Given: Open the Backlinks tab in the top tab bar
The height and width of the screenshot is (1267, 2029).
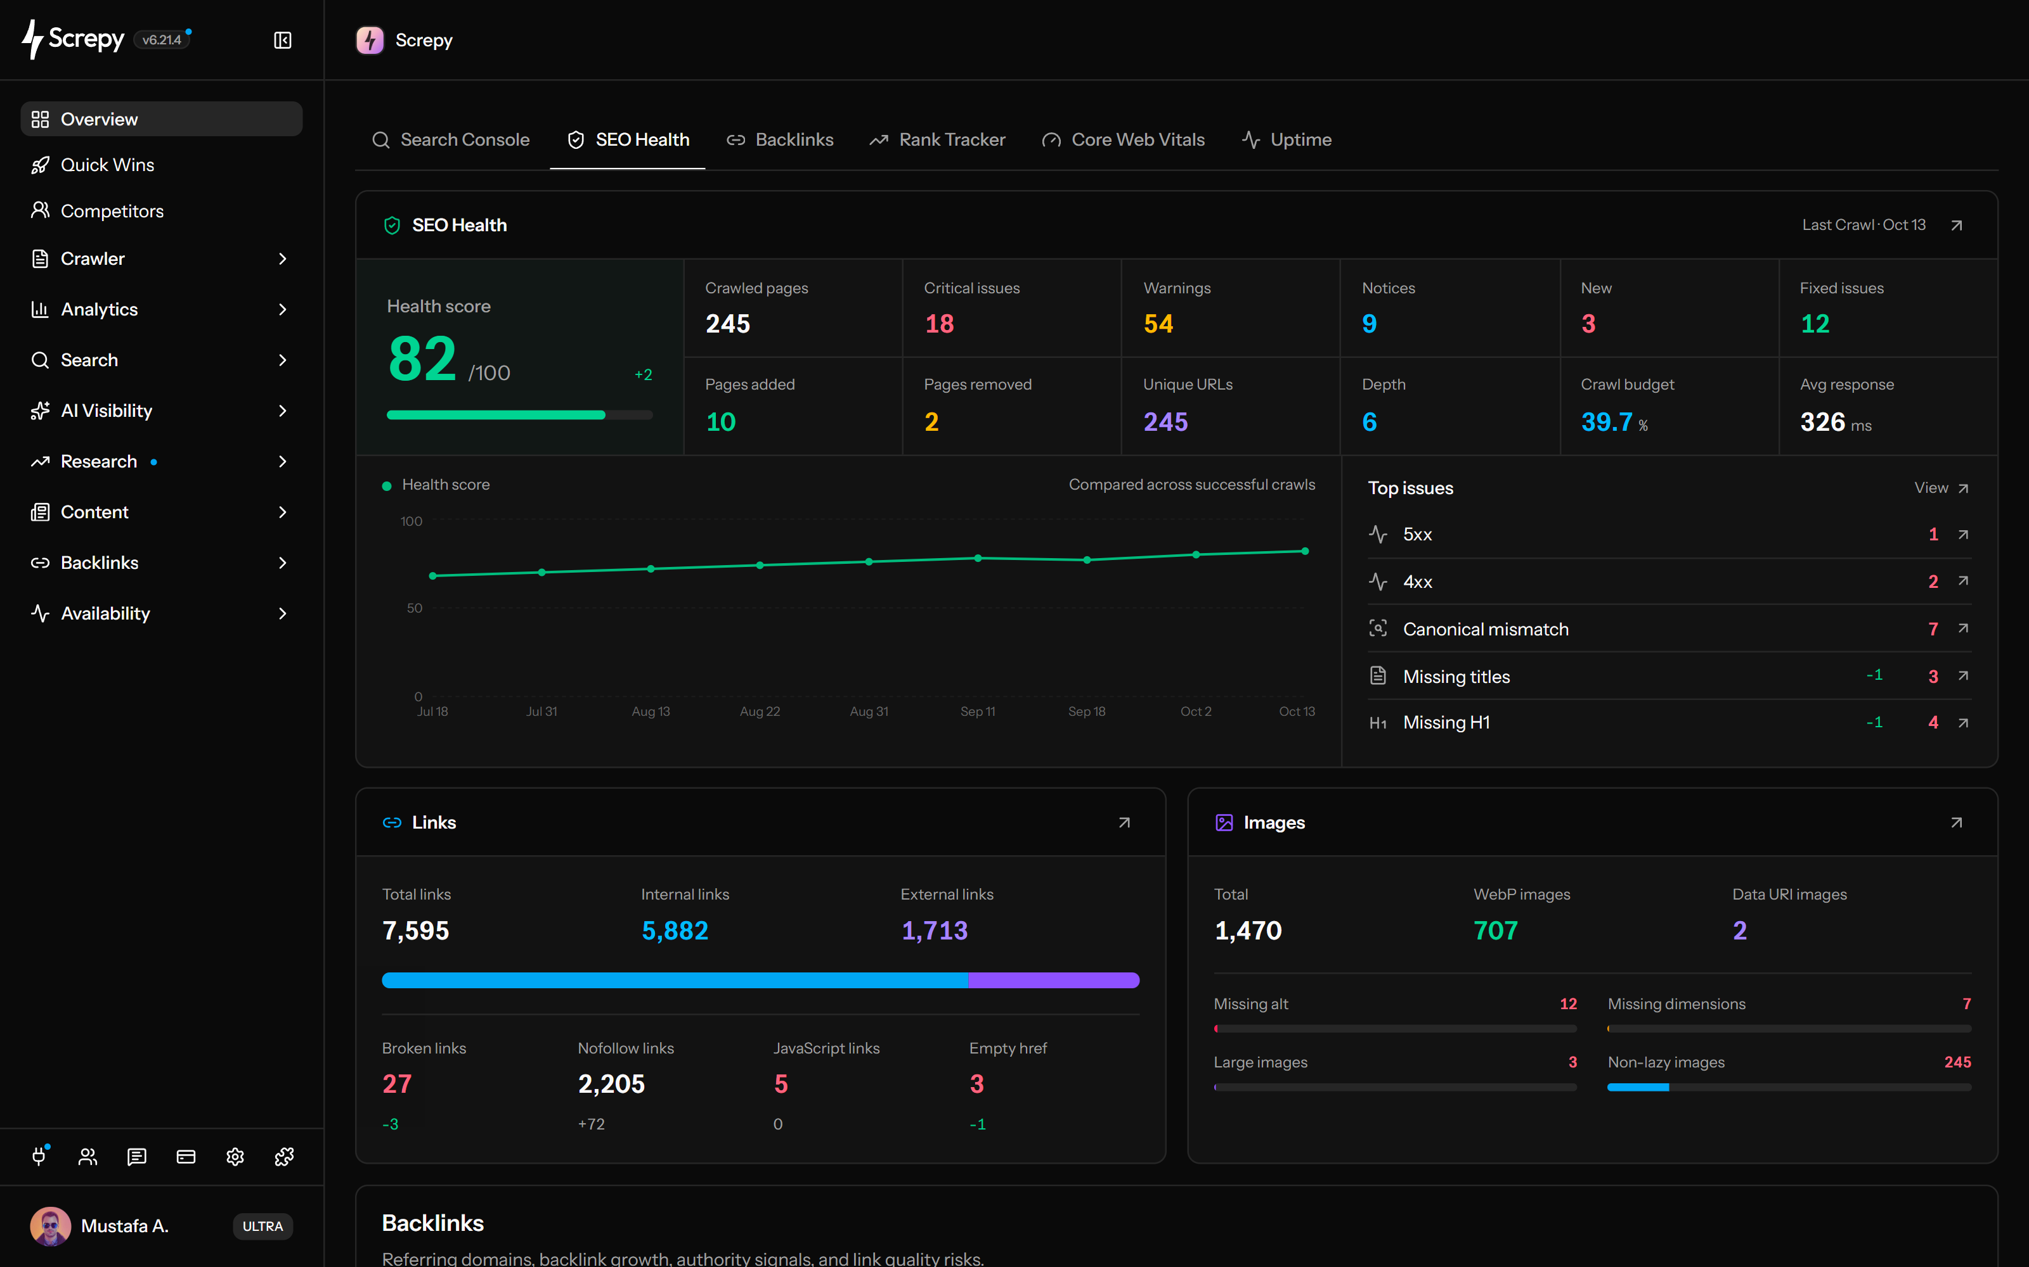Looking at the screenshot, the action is tap(780, 140).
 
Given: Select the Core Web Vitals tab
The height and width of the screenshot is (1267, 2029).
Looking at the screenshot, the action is tap(1124, 140).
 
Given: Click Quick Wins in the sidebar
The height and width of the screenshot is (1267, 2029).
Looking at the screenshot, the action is tap(107, 165).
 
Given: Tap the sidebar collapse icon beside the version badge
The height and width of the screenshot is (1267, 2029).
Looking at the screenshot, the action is tap(283, 40).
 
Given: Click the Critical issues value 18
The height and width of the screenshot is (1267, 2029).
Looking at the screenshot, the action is tap(939, 324).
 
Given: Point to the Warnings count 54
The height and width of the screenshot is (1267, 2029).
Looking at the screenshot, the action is tap(1158, 324).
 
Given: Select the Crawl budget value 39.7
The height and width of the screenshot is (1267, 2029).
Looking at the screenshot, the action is tap(1607, 421).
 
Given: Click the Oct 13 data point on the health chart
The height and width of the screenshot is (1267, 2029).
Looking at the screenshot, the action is tap(1305, 551).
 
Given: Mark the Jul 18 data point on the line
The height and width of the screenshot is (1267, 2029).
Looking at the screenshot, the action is tap(432, 576).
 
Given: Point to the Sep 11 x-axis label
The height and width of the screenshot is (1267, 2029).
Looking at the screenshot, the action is tap(978, 711).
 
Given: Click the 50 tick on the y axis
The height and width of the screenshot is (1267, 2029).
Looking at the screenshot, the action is tap(414, 608).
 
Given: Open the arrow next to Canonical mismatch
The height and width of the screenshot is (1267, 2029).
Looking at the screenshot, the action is tap(1963, 628).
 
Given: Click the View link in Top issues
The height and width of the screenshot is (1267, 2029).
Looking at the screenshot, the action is tap(1940, 488).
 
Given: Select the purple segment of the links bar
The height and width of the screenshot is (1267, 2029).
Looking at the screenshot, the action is tap(1054, 981).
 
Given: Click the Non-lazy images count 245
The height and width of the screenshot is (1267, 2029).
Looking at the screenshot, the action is tap(1957, 1062).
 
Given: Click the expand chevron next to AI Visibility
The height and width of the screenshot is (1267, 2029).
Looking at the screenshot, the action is tap(283, 411).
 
